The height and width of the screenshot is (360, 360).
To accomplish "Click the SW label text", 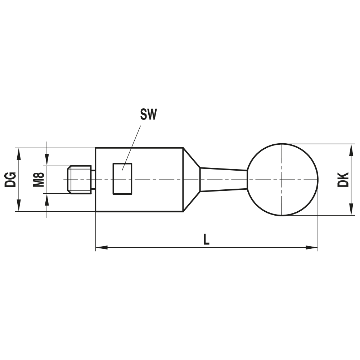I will pos(148,115).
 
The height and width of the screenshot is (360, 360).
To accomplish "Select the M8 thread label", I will pos(39,179).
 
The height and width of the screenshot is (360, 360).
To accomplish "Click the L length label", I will pos(206,239).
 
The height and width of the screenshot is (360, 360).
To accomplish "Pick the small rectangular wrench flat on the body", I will pos(122,179).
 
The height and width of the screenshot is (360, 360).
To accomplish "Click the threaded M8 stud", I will pos(80,179).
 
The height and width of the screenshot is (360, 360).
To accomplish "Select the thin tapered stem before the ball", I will pos(223,179).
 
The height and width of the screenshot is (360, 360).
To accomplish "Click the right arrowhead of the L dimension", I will pos(312,247).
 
